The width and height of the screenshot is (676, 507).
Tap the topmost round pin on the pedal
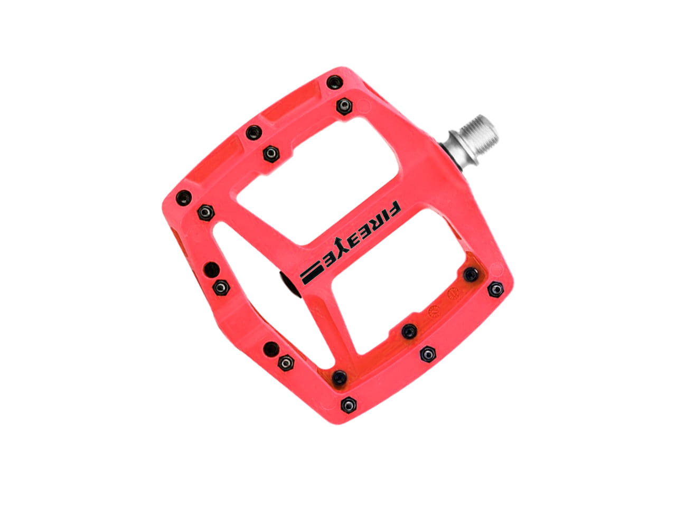tap(334, 82)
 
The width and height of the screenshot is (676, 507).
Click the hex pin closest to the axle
tap(344, 106)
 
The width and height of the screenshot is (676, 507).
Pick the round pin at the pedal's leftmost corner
tap(184, 198)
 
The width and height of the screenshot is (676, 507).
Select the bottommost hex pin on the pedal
tap(349, 405)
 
